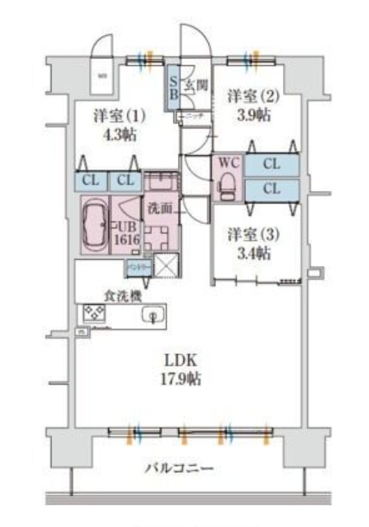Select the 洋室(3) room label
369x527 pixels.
coord(254,235)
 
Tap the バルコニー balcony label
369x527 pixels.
coord(179,468)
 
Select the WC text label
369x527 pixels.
coord(228,164)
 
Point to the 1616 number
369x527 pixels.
coord(129,240)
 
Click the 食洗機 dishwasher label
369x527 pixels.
coord(123,296)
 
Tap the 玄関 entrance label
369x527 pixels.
coord(197,86)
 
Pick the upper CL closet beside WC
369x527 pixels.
coord(272,165)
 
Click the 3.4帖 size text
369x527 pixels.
coord(254,254)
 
